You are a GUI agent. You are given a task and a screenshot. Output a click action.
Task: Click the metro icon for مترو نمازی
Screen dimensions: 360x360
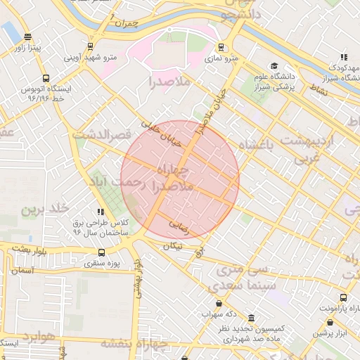click(221, 48)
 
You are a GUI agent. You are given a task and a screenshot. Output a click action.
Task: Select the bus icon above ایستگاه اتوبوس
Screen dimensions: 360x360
click(46, 79)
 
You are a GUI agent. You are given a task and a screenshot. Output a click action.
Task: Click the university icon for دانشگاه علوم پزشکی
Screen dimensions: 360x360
click(274, 66)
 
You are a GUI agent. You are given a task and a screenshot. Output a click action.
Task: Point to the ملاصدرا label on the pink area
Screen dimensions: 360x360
click(169, 82)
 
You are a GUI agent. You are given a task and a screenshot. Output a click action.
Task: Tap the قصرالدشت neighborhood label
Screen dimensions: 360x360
click(103, 134)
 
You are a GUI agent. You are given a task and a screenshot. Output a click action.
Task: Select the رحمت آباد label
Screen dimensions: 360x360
click(114, 183)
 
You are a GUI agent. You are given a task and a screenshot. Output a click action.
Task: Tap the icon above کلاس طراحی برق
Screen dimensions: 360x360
click(101, 211)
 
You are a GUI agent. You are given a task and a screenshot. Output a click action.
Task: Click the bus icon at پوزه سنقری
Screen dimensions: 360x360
click(102, 252)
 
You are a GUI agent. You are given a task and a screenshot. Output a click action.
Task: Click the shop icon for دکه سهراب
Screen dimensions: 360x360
click(219, 303)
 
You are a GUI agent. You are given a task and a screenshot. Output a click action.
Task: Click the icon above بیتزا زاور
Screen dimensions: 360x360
click(27, 37)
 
